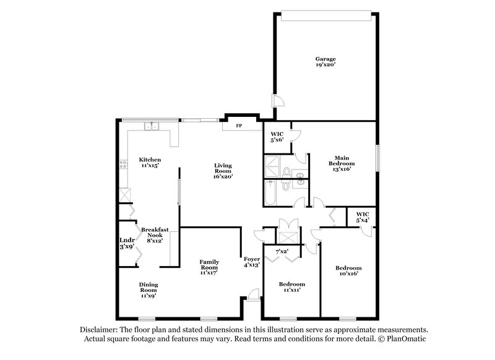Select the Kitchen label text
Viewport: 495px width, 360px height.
click(150, 162)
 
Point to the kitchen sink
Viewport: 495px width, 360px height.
click(152, 127)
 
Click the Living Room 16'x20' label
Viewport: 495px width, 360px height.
click(223, 169)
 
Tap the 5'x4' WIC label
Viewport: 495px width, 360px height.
click(361, 218)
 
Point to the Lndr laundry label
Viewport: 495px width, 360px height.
click(126, 243)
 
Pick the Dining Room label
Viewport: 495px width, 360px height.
click(148, 289)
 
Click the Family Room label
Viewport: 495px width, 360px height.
click(209, 266)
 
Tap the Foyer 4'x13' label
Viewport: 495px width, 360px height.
click(251, 262)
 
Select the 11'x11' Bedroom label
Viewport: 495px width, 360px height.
click(291, 286)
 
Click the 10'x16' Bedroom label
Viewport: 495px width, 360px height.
click(347, 271)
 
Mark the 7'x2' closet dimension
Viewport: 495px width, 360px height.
click(281, 252)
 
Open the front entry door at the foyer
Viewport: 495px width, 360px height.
click(251, 295)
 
